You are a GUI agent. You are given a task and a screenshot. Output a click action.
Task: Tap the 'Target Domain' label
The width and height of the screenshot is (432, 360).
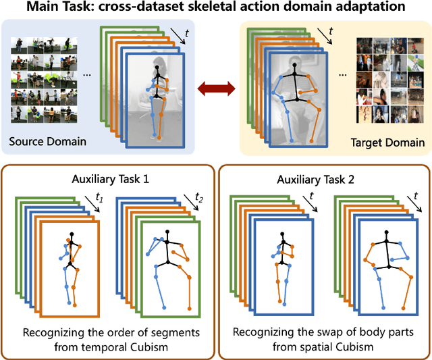tap(388, 142)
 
